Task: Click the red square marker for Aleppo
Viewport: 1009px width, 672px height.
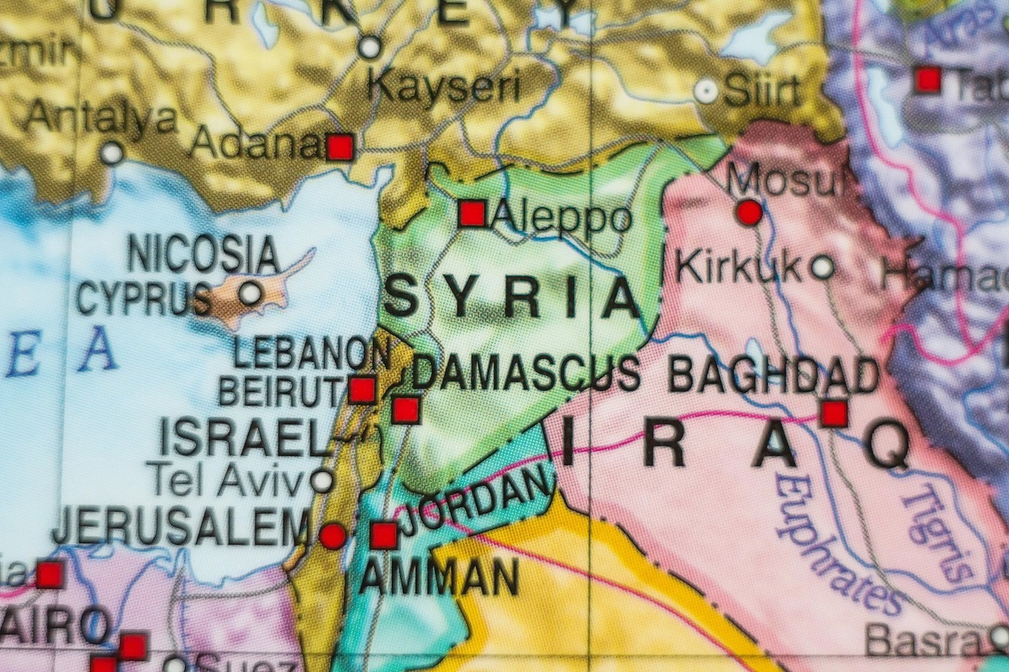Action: pyautogui.click(x=472, y=214)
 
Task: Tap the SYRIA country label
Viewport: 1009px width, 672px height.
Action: pyautogui.click(x=512, y=297)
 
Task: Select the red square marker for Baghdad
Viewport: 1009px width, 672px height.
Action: pyautogui.click(x=834, y=413)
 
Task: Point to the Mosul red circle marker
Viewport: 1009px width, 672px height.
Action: pyautogui.click(x=750, y=212)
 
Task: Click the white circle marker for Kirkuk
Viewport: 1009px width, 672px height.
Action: pyautogui.click(x=822, y=268)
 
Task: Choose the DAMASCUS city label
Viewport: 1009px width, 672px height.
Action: pyautogui.click(x=526, y=374)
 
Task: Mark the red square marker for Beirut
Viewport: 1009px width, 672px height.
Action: pyautogui.click(x=362, y=390)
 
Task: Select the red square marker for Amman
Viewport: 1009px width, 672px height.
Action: pyautogui.click(x=383, y=535)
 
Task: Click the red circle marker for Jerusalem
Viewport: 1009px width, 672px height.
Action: pyautogui.click(x=332, y=536)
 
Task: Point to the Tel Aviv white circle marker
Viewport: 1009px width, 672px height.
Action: pyautogui.click(x=322, y=479)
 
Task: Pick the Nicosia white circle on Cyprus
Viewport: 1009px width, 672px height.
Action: pyautogui.click(x=250, y=293)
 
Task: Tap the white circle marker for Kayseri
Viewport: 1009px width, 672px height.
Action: pyautogui.click(x=370, y=48)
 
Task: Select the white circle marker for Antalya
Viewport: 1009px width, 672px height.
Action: pyautogui.click(x=112, y=153)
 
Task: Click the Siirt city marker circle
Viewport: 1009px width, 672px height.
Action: pyautogui.click(x=706, y=91)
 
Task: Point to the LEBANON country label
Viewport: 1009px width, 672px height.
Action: pyautogui.click(x=311, y=353)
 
